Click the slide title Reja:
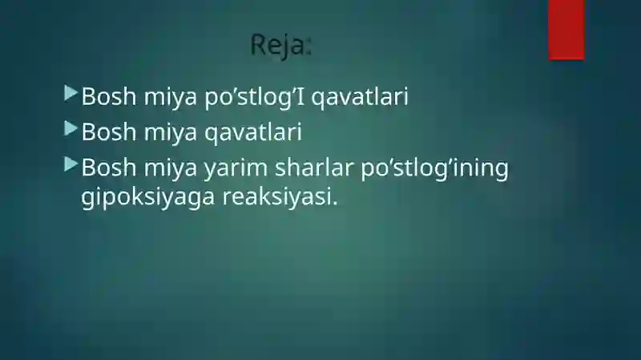click(x=281, y=45)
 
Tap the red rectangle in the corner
click(x=566, y=30)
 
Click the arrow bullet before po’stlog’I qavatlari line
click(x=71, y=93)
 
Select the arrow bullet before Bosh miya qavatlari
click(x=71, y=128)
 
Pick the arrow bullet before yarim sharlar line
click(x=71, y=164)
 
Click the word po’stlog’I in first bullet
click(x=255, y=97)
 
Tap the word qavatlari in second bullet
click(x=253, y=133)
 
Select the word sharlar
click(x=314, y=168)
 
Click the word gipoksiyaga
click(x=147, y=197)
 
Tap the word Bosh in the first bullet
click(x=109, y=96)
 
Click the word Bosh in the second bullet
click(x=109, y=132)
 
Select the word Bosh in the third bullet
click(x=109, y=168)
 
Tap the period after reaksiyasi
click(x=335, y=204)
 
